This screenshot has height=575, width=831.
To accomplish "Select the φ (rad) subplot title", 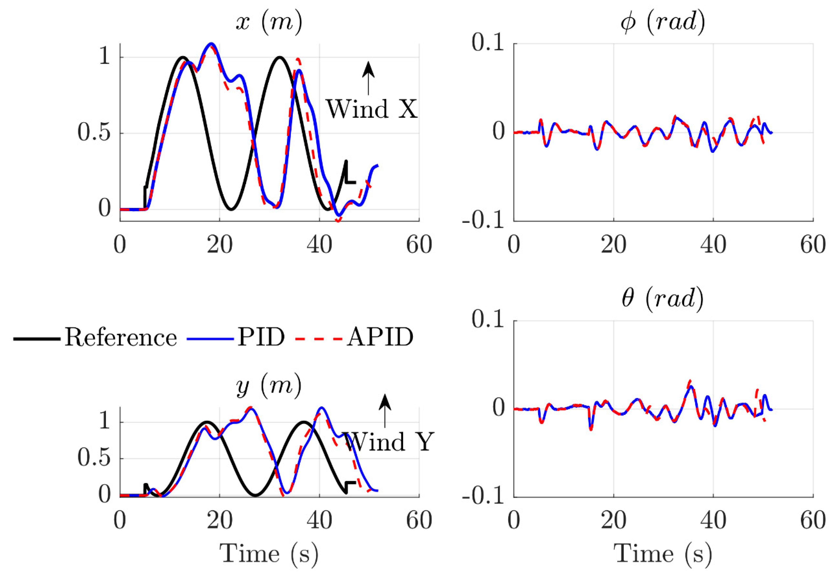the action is pyautogui.click(x=663, y=23).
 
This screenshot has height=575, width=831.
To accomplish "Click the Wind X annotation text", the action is pyautogui.click(x=372, y=109).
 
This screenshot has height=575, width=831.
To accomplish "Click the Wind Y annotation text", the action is pyautogui.click(x=388, y=442).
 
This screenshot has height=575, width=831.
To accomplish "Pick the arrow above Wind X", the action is pyautogui.click(x=368, y=78).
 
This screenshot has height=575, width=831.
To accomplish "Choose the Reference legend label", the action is pyautogui.click(x=121, y=338).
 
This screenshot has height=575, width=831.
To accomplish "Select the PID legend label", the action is pyautogui.click(x=261, y=338).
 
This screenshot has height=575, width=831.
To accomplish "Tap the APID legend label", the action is pyautogui.click(x=380, y=338).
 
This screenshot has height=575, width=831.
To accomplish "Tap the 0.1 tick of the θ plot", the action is pyautogui.click(x=488, y=320).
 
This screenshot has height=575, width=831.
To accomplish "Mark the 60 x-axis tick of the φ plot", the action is pyautogui.click(x=813, y=245).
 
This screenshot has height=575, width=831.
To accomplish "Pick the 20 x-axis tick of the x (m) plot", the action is pyautogui.click(x=220, y=245).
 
